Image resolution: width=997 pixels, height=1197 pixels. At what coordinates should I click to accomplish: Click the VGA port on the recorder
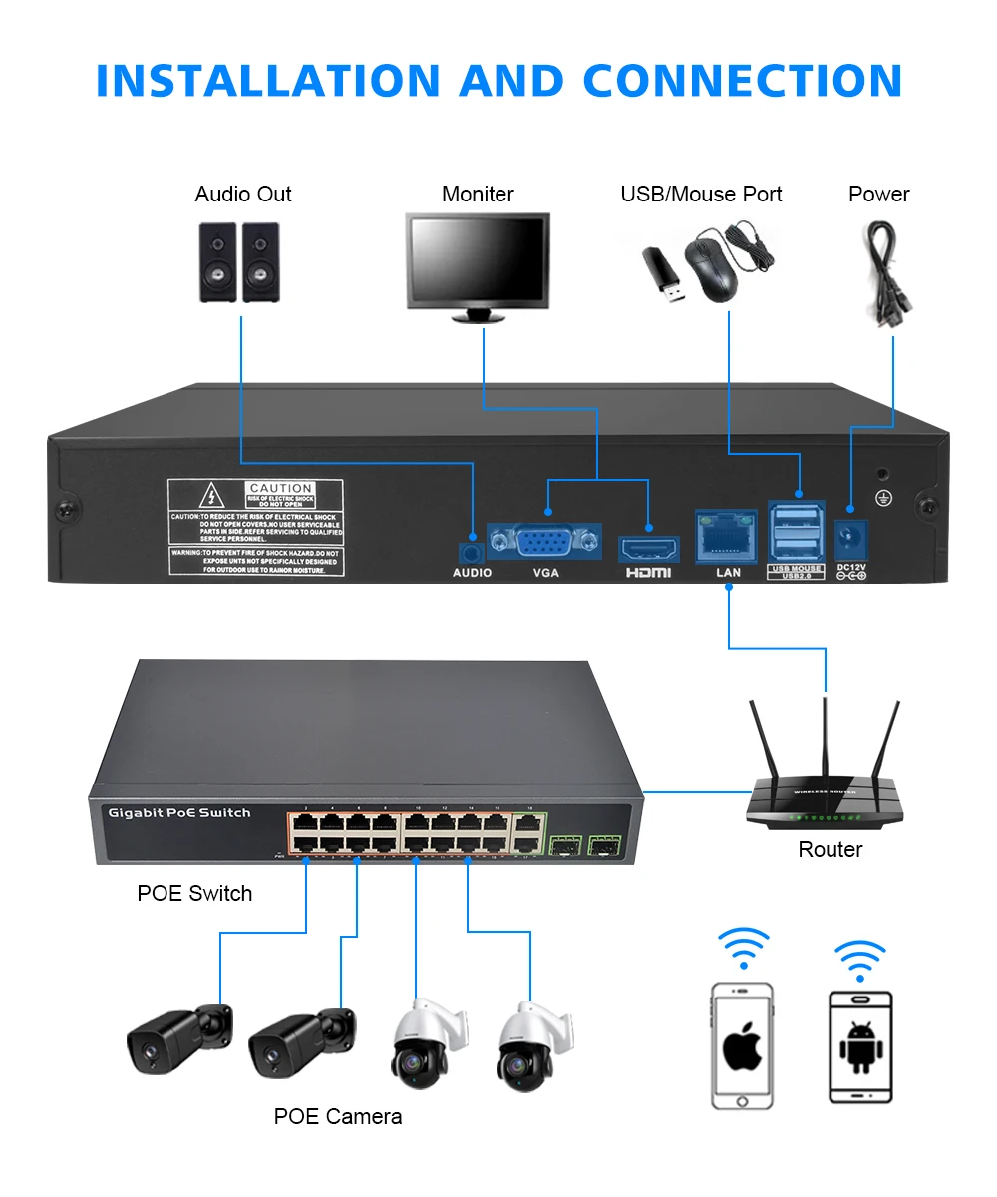[543, 543]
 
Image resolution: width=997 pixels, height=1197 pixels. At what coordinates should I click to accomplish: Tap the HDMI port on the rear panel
[649, 548]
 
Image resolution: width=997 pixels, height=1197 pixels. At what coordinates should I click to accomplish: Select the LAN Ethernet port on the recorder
[728, 535]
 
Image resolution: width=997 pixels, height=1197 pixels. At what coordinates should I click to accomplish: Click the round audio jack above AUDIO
[471, 551]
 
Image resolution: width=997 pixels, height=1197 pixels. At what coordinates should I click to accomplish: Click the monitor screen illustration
[478, 260]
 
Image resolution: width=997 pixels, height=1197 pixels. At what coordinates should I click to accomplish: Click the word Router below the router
[830, 850]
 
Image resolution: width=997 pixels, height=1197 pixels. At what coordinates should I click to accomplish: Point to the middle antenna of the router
[825, 738]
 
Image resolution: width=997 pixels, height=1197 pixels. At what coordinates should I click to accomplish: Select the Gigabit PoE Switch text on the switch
[179, 813]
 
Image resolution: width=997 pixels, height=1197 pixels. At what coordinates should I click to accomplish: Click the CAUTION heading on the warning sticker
[281, 489]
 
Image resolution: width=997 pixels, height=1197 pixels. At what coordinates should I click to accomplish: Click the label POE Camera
[337, 1116]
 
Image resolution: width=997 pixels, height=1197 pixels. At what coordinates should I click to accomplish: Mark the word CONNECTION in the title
[742, 81]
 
